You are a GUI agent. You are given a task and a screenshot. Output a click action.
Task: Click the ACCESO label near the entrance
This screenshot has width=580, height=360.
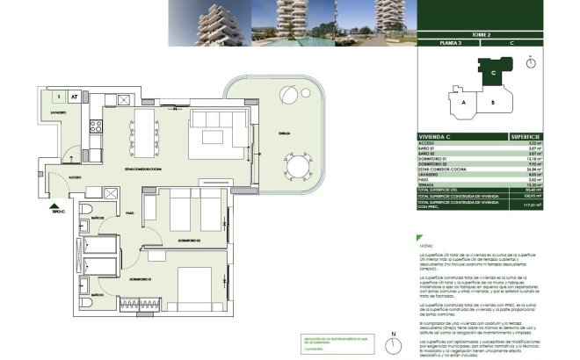(76, 176)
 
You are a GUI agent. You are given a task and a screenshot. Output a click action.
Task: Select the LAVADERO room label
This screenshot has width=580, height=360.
(58, 113)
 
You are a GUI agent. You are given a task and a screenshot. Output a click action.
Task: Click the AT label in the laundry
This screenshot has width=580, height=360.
(76, 97)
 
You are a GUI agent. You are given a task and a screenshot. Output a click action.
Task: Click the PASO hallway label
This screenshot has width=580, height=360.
(128, 212)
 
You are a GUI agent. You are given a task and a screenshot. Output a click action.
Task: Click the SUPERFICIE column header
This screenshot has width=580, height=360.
(528, 137)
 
